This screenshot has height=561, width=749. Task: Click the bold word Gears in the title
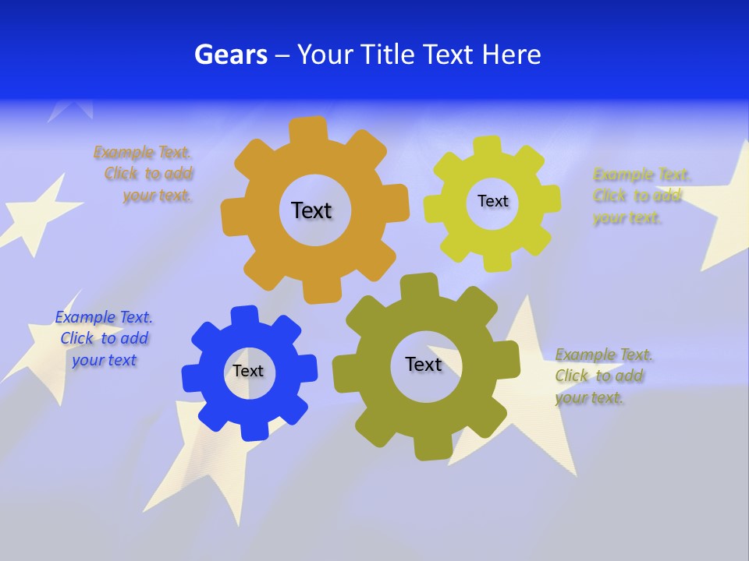click(x=230, y=55)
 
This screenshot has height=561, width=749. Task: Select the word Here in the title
click(x=511, y=55)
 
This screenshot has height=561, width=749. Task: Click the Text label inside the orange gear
click(x=311, y=210)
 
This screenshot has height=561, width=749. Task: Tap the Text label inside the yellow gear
click(x=492, y=201)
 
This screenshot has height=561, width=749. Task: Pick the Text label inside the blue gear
click(x=248, y=371)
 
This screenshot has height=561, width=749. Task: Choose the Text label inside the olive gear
click(x=424, y=364)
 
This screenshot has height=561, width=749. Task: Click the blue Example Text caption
click(x=104, y=338)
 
